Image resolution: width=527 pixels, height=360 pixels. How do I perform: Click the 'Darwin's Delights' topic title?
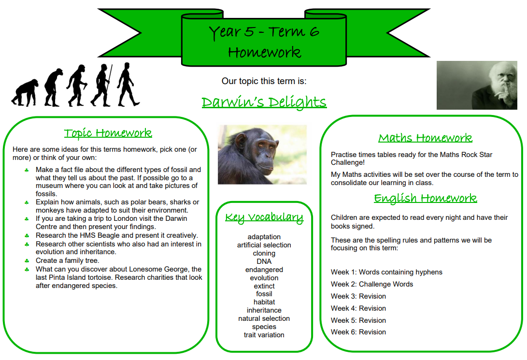(x=264, y=102)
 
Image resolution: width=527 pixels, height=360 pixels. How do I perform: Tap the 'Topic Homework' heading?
(x=108, y=133)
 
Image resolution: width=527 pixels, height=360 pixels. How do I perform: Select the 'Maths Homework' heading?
(x=425, y=138)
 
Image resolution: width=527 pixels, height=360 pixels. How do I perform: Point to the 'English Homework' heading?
(x=426, y=198)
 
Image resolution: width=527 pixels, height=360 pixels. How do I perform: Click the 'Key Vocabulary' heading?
(x=264, y=217)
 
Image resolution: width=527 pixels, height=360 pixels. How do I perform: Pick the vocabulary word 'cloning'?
(x=264, y=253)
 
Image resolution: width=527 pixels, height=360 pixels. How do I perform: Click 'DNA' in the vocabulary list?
(x=264, y=261)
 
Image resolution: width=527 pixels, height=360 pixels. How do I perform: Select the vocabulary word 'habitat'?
(x=264, y=302)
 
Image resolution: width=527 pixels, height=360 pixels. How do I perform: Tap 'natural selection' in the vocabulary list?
(x=264, y=318)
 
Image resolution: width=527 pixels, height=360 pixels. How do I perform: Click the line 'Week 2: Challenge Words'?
(x=372, y=284)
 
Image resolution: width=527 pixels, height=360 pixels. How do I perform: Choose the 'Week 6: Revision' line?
(x=358, y=332)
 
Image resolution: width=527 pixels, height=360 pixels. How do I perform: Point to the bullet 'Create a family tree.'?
(x=68, y=260)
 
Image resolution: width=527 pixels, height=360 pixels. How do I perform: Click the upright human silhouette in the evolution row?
(x=128, y=85)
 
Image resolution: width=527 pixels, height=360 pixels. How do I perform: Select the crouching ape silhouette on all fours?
(x=25, y=93)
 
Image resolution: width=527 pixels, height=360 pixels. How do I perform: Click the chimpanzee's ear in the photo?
(x=241, y=141)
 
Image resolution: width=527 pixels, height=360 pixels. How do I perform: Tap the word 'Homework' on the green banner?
(x=265, y=53)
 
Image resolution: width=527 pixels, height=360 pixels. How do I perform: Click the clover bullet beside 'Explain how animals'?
(x=27, y=202)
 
